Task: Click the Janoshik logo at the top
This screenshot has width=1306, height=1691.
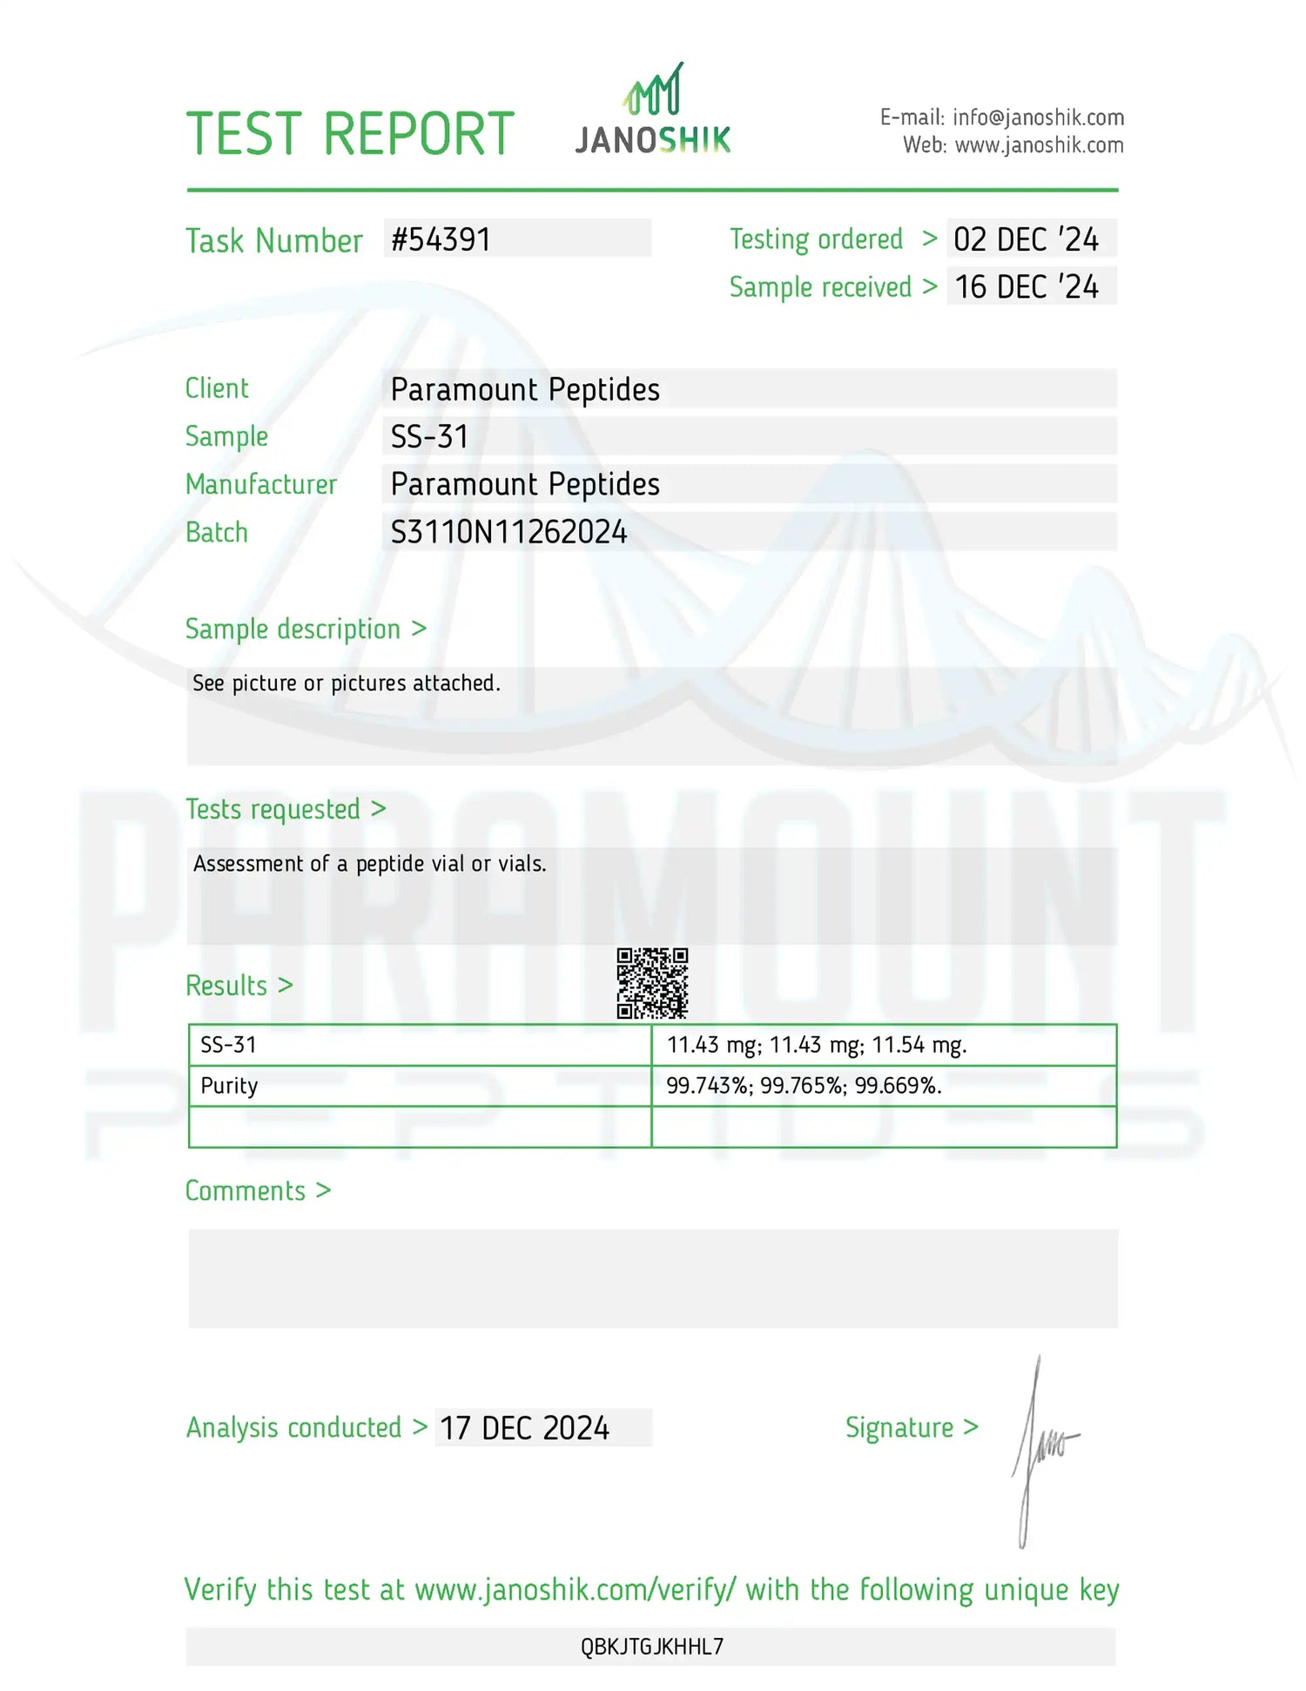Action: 653,111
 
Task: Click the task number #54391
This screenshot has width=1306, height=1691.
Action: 441,239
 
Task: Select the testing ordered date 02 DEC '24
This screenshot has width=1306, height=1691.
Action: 1026,239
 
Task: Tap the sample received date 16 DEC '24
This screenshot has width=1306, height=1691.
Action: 1027,287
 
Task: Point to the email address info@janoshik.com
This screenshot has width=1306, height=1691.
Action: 1038,118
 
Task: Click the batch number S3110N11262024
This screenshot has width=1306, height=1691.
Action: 508,532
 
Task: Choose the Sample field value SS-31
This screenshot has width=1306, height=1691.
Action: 429,436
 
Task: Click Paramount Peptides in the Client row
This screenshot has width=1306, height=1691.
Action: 525,389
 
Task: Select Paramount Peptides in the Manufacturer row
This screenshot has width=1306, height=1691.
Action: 525,484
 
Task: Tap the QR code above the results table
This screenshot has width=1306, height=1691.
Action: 652,983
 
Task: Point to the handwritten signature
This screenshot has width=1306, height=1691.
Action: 1041,1449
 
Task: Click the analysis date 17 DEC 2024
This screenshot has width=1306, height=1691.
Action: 524,1428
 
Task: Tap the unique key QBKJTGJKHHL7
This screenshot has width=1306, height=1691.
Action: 652,1647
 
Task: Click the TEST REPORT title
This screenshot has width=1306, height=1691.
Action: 350,134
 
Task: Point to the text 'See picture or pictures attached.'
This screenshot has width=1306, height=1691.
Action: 347,684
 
